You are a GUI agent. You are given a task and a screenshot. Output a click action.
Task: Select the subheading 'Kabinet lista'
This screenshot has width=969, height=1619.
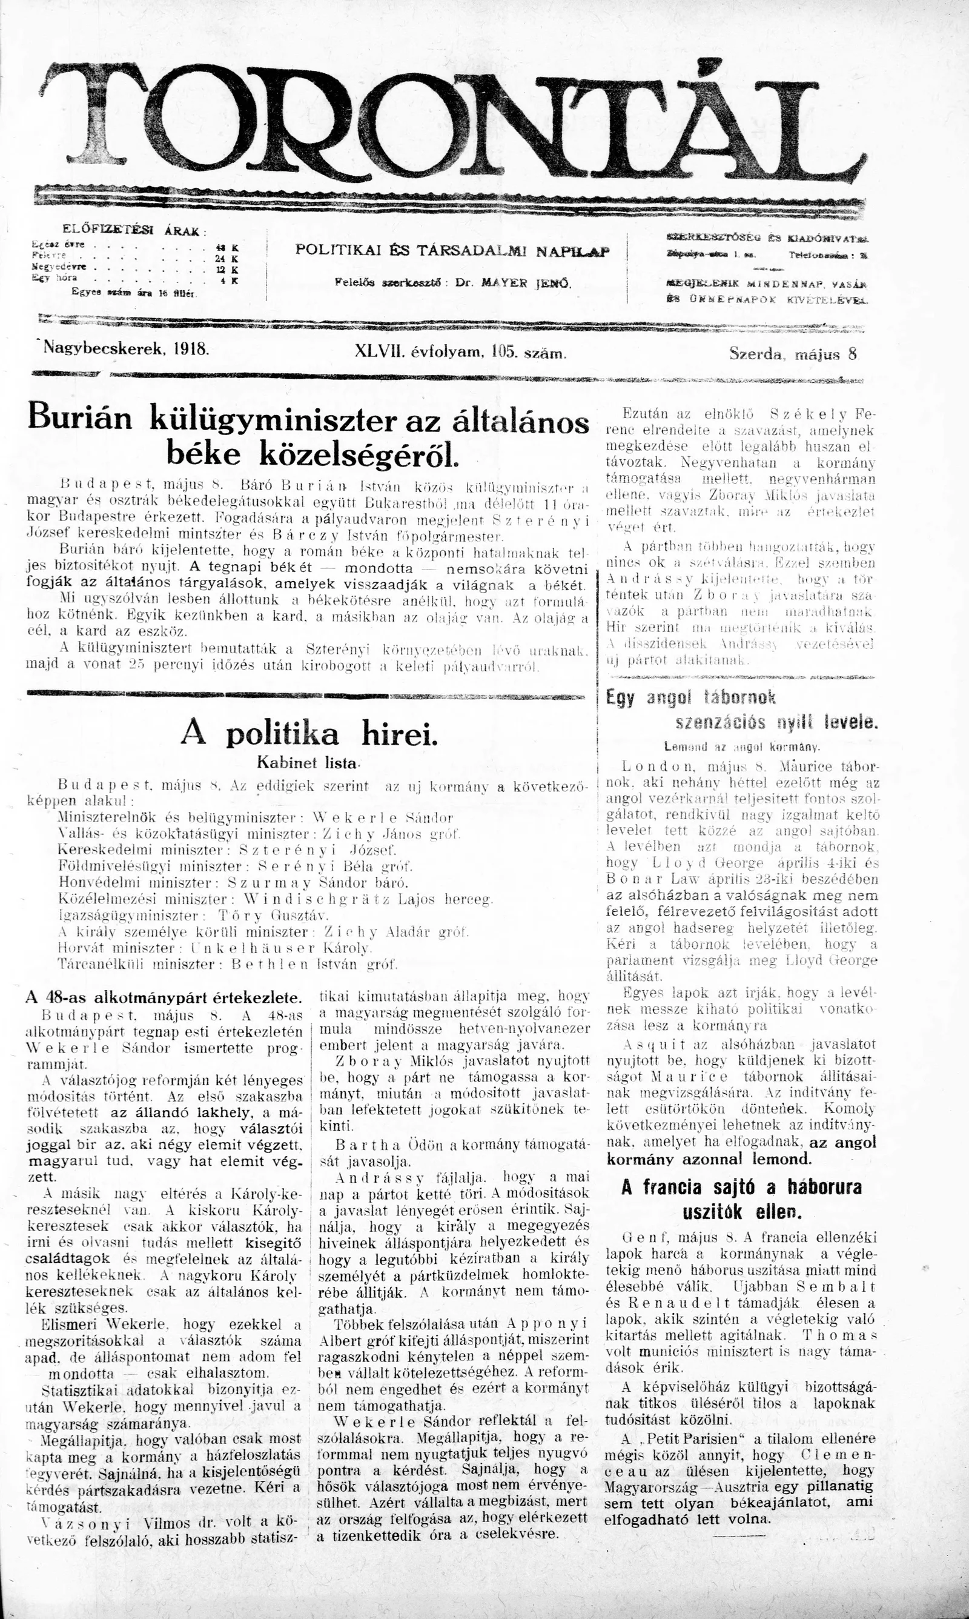coord(308,762)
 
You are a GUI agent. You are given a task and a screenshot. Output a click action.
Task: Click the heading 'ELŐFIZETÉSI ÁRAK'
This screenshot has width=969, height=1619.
coord(133,230)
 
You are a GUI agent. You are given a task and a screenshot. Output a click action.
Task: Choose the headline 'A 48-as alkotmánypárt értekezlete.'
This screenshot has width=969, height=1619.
coord(164,999)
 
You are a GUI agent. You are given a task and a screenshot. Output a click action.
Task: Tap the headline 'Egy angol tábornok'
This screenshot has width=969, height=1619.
coord(691,697)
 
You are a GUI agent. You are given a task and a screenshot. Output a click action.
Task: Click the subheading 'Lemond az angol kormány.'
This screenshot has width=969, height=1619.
coord(742,746)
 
